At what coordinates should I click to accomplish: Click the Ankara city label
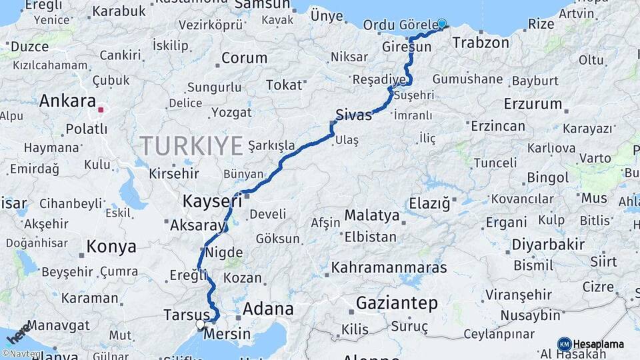(x=67, y=101)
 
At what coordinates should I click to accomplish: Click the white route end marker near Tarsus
(x=200, y=325)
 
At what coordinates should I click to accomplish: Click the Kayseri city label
(x=212, y=200)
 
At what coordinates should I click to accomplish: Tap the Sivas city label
(x=353, y=114)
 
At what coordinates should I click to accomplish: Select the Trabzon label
(x=481, y=43)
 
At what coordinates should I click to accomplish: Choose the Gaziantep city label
(x=397, y=303)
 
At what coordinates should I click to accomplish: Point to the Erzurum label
(x=533, y=104)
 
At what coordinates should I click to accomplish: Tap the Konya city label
(x=111, y=247)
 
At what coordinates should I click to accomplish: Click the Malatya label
(x=372, y=215)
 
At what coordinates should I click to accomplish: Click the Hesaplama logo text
(x=598, y=344)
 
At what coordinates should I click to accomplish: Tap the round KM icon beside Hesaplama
(x=564, y=344)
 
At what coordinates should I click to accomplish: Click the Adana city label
(x=267, y=309)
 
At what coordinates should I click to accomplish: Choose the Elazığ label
(x=429, y=203)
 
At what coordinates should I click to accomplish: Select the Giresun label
(x=407, y=47)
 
